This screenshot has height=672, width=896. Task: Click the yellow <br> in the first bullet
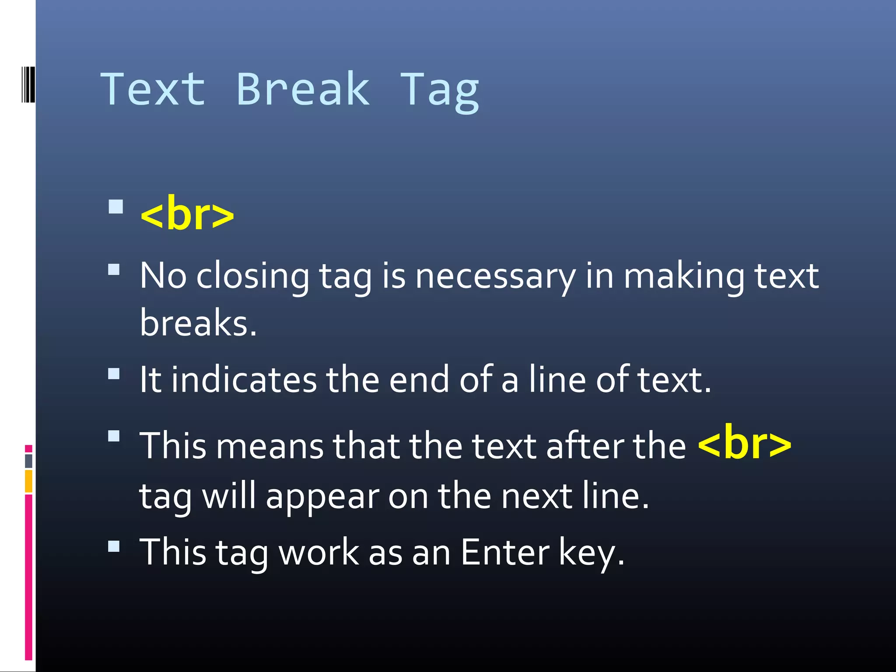(187, 214)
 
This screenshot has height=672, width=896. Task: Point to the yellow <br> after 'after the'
(744, 444)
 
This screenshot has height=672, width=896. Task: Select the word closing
(253, 277)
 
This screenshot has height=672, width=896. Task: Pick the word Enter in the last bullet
(504, 552)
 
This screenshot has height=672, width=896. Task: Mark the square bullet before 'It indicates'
(114, 374)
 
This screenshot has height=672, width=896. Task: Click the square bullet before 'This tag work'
(114, 546)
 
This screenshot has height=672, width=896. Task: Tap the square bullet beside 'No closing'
(114, 269)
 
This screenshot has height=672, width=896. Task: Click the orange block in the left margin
(28, 481)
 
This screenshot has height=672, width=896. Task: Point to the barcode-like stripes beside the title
(28, 84)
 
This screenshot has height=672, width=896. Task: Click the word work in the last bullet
(319, 552)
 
